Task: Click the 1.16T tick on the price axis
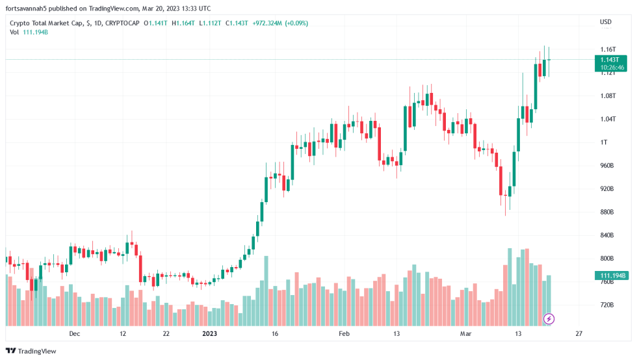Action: click(608, 49)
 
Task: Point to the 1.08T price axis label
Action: click(608, 96)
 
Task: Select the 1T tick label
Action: click(604, 142)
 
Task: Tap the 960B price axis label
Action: click(608, 166)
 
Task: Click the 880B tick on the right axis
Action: click(608, 212)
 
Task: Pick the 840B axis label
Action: click(608, 235)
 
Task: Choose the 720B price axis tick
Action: click(608, 305)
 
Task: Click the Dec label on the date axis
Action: click(74, 333)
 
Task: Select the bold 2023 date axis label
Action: click(210, 333)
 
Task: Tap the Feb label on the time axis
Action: click(344, 333)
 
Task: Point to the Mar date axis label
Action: click(465, 333)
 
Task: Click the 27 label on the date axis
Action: click(578, 333)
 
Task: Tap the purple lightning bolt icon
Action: click(549, 318)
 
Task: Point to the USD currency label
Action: click(605, 22)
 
